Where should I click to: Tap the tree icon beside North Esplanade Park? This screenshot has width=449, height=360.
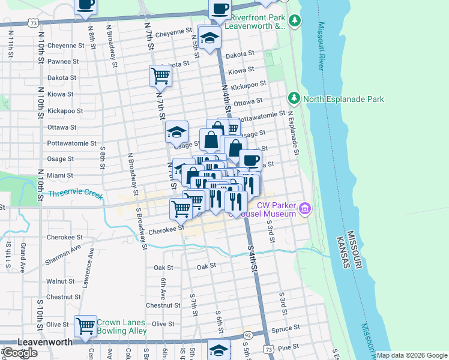[x=294, y=98]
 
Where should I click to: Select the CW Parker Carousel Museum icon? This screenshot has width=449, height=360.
[x=306, y=209]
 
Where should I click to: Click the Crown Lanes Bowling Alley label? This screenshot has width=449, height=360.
[x=121, y=326]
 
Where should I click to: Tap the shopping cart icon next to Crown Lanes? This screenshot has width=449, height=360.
[x=85, y=326]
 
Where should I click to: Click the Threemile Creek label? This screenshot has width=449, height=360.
[x=76, y=194]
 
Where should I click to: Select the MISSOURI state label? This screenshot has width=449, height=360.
[x=355, y=252]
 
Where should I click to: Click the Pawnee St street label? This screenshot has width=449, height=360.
[x=63, y=61]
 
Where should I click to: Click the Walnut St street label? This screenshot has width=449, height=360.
[x=60, y=281]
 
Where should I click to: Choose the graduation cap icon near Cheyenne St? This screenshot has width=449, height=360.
[x=209, y=38]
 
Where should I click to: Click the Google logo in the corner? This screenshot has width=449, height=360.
[x=20, y=352]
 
